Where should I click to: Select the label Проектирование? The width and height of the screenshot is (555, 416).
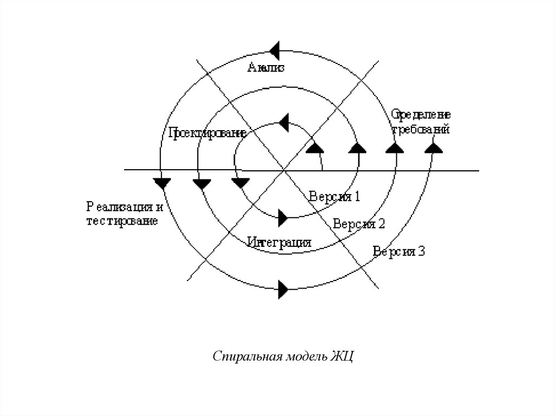(x=208, y=132)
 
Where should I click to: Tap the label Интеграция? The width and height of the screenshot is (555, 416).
(x=279, y=242)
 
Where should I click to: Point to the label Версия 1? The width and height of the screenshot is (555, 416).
(x=334, y=196)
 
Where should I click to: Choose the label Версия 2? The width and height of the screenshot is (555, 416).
(x=359, y=223)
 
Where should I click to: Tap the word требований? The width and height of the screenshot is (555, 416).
(x=421, y=130)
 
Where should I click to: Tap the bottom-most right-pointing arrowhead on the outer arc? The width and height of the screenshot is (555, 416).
(x=283, y=288)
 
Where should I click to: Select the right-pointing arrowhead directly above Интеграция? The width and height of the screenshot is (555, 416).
(x=282, y=218)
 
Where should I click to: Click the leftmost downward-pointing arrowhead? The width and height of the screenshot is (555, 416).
(x=162, y=183)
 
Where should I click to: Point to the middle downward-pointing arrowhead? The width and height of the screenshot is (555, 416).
(x=202, y=183)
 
